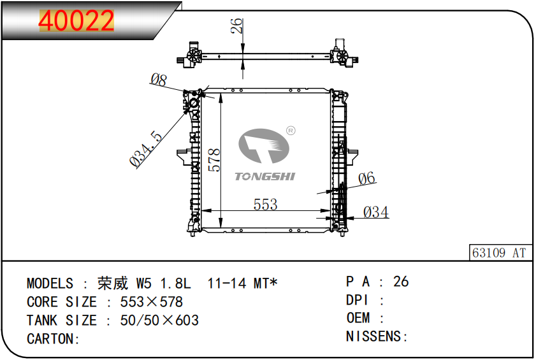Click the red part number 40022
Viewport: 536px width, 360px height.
pos(76,20)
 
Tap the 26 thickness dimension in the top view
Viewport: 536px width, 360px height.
pos(236,26)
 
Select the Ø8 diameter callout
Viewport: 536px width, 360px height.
pos(159,80)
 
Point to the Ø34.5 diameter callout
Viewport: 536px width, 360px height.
pos(146,148)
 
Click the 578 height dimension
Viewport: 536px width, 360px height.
pos(214,160)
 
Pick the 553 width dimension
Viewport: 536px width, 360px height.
pos(265,205)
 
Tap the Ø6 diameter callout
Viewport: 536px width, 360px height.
pos(366,178)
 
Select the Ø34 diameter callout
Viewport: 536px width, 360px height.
pos(375,212)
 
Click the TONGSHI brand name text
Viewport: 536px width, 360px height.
pos(264,176)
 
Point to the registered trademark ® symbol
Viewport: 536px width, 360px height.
pos(291,131)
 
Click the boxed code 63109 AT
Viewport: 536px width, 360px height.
pos(499,253)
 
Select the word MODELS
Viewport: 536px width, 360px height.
pos(50,284)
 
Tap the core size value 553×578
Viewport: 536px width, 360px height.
pos(152,302)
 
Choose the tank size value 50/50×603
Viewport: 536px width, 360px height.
pos(159,320)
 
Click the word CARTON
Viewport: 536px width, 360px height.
pos(50,339)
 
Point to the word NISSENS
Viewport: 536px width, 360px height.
pos(373,336)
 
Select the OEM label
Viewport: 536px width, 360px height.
pos(358,318)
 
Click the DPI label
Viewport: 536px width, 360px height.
pos(357,300)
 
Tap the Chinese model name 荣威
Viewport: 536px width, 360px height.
pos(113,284)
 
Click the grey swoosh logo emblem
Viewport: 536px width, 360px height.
pos(264,146)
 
